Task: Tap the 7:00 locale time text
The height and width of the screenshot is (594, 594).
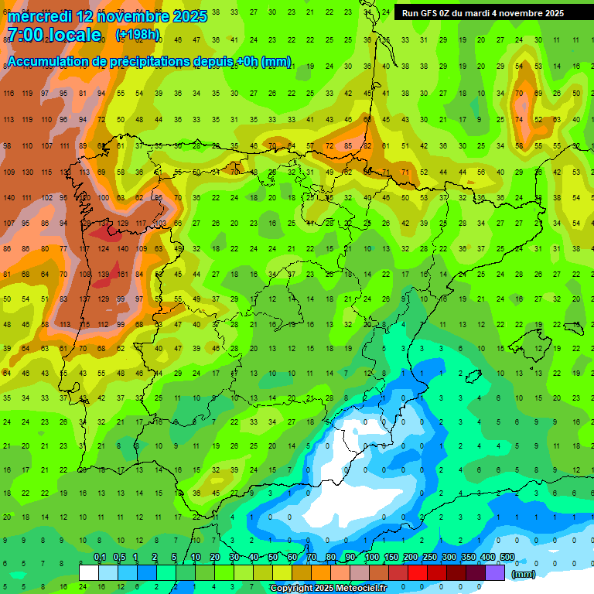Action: point(53,35)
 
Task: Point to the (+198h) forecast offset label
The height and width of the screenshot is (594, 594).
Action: point(138,35)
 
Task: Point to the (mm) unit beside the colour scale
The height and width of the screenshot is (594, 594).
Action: point(524,574)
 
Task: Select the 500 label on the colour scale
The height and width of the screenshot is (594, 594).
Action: point(507,558)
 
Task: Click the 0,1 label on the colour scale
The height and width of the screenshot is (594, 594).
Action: point(100,558)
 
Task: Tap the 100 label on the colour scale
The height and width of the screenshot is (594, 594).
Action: point(372,558)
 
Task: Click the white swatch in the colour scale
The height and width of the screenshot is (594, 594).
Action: point(89,572)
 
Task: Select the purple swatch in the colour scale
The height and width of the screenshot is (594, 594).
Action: point(496,572)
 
